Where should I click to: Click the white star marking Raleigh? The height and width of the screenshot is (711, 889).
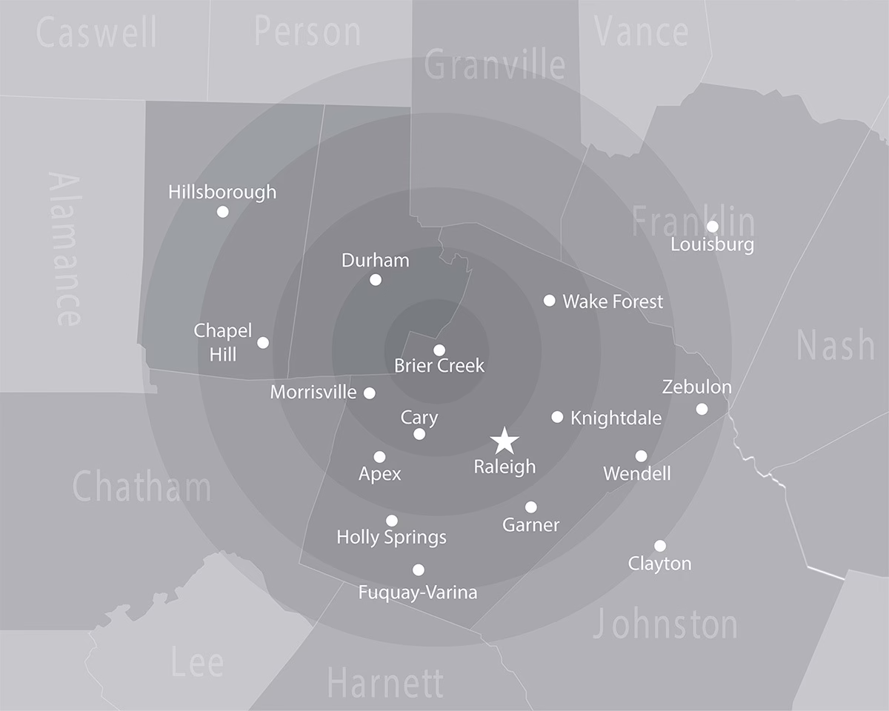tap(505, 441)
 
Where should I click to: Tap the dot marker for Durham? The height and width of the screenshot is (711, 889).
tap(376, 280)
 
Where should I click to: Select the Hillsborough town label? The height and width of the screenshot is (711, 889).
tap(222, 193)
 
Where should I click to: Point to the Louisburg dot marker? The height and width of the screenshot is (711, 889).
tap(712, 226)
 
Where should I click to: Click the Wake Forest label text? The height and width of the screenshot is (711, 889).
tap(613, 301)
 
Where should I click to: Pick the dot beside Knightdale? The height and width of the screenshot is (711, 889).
tap(557, 417)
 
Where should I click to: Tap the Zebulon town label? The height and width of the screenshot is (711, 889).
tap(696, 387)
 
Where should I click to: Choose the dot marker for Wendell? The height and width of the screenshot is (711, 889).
tap(641, 455)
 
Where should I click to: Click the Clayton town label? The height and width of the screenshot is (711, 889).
tap(659, 564)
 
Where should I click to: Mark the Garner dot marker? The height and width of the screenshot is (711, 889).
tap(531, 507)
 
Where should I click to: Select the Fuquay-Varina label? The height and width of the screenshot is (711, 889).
tap(417, 592)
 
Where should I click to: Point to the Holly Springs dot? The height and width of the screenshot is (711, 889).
tap(392, 521)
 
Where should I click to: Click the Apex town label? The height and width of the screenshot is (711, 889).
tap(379, 474)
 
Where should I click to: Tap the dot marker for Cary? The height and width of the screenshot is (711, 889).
tap(419, 434)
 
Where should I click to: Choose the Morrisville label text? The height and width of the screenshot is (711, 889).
tap(313, 392)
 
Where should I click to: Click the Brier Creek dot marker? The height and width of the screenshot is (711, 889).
tap(439, 350)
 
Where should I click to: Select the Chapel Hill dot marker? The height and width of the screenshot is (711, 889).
tap(263, 342)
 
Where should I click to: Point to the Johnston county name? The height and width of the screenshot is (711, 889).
tap(665, 624)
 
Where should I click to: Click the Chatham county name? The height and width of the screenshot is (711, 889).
tap(141, 487)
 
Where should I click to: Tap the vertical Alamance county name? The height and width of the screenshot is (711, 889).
tap(64, 249)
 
